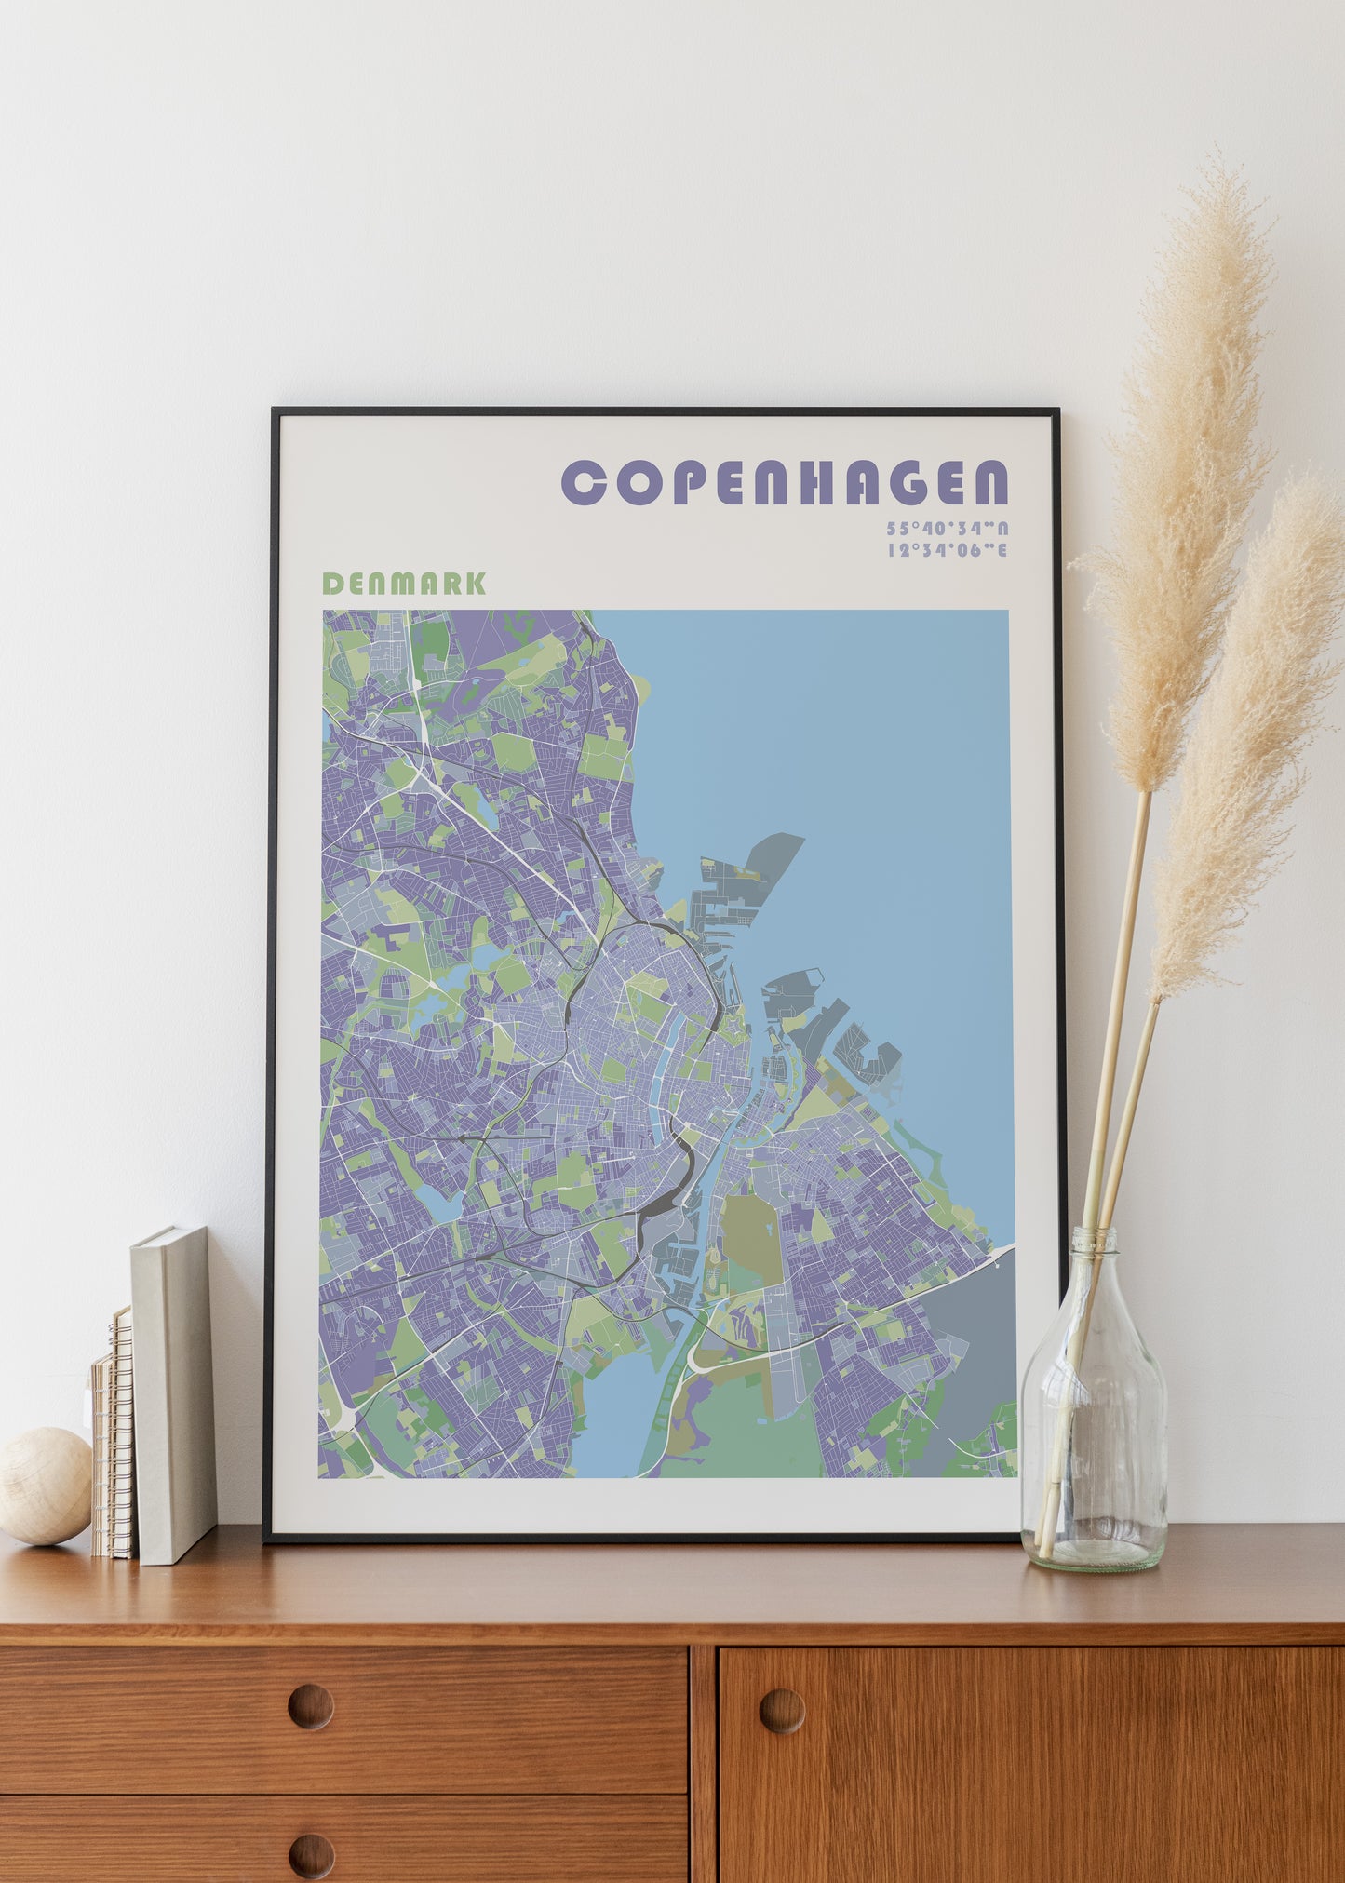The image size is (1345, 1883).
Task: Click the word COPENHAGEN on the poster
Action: pos(785,482)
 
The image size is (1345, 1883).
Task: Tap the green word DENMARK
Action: pos(403,584)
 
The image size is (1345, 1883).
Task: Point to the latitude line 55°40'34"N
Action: pos(947,528)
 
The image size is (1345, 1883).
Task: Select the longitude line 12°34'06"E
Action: pos(947,549)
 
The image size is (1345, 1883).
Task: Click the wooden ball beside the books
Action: pos(44,1486)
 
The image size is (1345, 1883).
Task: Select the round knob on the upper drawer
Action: pos(310,1706)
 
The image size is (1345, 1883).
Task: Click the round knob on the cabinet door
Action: pos(782,1711)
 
